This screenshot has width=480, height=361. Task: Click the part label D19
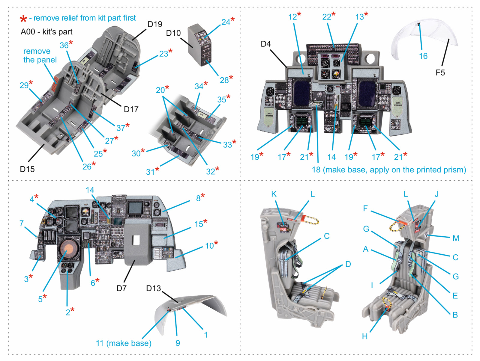pos(155,24)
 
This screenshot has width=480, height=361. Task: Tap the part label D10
pos(173,33)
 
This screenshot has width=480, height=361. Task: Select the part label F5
pos(440,72)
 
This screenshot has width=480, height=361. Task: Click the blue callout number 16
pos(423,56)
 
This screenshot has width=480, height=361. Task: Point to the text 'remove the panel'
pos(40,55)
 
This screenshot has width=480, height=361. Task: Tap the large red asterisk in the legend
pos(23,19)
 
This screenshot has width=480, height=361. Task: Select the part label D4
pos(265,44)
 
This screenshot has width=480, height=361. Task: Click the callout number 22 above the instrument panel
pos(327,17)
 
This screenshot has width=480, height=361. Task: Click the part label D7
pos(121,288)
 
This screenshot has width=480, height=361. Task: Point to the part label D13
pos(154,288)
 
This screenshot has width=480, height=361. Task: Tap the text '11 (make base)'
pos(123,343)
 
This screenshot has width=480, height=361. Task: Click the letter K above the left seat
pos(274,194)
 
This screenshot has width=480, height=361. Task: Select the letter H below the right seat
pos(364,336)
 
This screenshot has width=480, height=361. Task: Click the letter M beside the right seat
pos(456,238)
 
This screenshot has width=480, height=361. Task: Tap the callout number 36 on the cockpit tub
pos(64,45)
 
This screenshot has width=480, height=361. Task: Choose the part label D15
pos(27,169)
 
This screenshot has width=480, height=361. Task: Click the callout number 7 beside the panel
pos(21,223)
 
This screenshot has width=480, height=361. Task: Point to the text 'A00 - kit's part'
pos(46,32)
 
